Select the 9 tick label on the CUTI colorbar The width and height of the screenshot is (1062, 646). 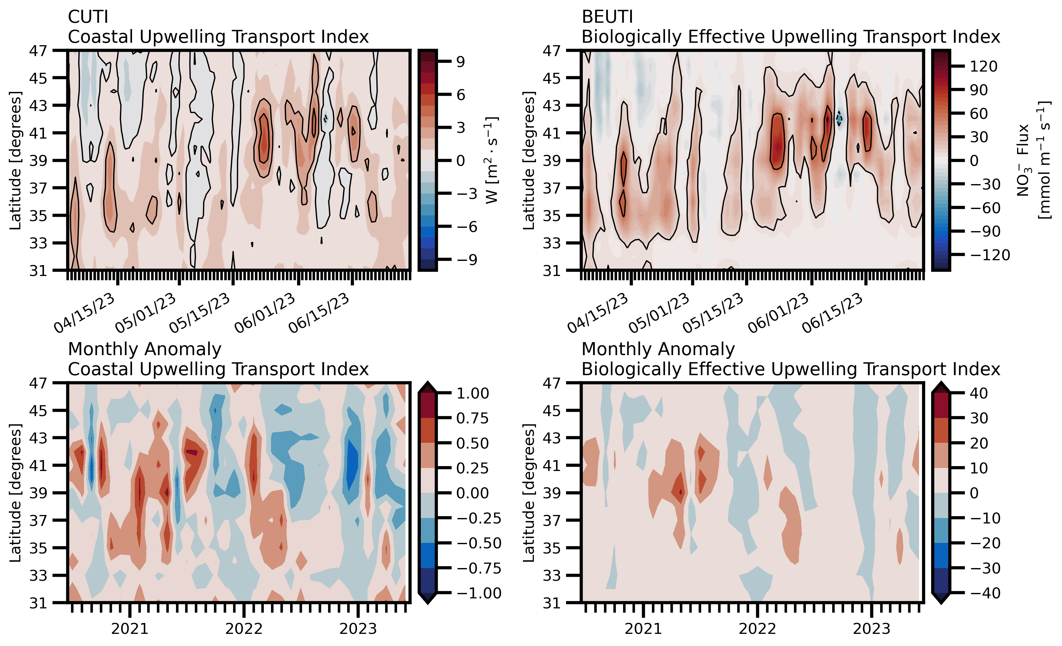[461, 62]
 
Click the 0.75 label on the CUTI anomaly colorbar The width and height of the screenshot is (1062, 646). [473, 418]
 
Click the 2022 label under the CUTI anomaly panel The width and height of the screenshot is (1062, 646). [244, 629]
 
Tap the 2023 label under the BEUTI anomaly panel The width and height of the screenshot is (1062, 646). [871, 629]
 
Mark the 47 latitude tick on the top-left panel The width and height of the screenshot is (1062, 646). [38, 51]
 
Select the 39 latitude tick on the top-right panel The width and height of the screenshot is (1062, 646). [552, 161]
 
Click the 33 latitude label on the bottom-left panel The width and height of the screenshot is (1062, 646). [38, 575]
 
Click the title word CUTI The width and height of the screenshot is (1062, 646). [88, 17]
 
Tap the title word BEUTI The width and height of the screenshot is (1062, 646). [607, 17]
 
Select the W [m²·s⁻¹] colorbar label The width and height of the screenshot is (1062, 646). [491, 160]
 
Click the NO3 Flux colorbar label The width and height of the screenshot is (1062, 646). [1034, 160]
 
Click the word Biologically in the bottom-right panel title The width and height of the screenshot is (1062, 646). [631, 369]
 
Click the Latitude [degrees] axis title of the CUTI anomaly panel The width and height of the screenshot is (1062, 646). [15, 492]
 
